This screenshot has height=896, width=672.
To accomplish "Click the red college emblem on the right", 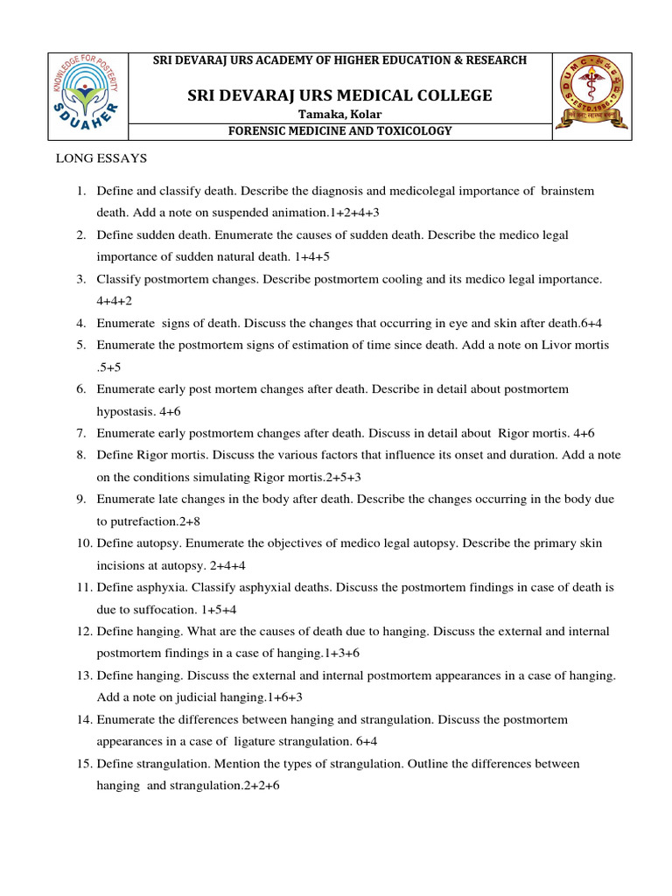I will point(591,95).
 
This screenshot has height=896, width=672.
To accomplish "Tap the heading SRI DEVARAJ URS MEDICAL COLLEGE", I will point(339,95).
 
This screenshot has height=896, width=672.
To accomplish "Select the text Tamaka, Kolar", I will point(340,115).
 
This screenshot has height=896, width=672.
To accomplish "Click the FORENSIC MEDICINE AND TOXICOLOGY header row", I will point(339,131).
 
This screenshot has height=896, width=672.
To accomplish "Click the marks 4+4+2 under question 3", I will point(115,301).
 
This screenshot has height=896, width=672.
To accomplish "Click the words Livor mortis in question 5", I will point(577,345).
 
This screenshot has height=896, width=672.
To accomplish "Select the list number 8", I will point(80,455).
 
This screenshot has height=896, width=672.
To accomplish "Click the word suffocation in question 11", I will point(149,609).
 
